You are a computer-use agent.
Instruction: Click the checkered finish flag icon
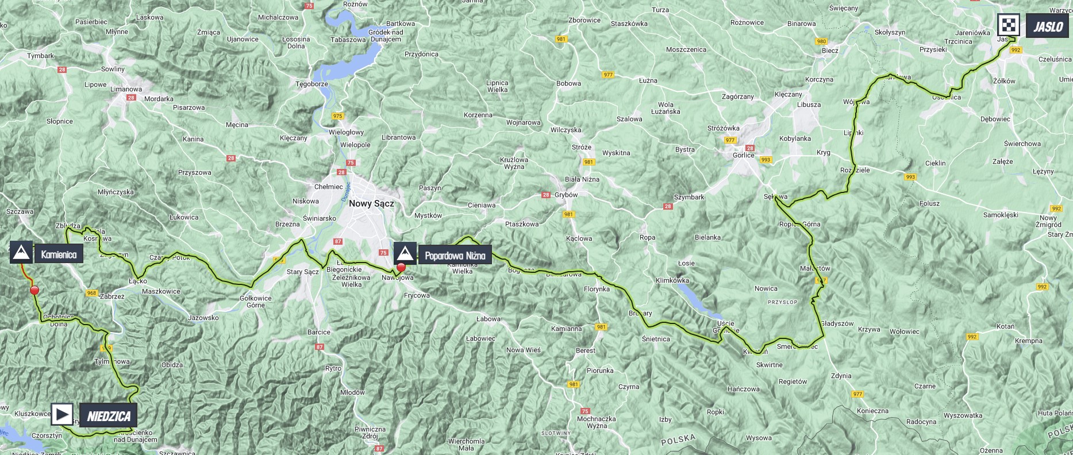point(1009,25)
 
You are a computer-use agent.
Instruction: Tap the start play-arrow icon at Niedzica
point(62,414)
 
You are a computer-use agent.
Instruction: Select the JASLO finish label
point(1048,26)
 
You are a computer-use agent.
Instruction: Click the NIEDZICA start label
point(109,416)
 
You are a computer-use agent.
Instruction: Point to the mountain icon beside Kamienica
point(21,253)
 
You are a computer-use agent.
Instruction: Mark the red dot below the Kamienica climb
point(34,291)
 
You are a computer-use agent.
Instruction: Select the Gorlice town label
point(743,155)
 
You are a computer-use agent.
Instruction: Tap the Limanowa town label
point(126,89)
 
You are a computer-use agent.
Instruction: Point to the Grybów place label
point(566,195)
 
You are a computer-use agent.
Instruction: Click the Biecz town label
point(830,51)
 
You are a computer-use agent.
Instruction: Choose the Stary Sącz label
point(302,272)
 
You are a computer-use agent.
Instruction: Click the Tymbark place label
point(41,56)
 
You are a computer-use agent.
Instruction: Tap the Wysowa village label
point(759,438)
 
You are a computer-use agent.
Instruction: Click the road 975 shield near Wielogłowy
point(337,116)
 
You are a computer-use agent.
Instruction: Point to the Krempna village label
point(1028,341)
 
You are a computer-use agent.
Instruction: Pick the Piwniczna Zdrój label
point(370,433)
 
